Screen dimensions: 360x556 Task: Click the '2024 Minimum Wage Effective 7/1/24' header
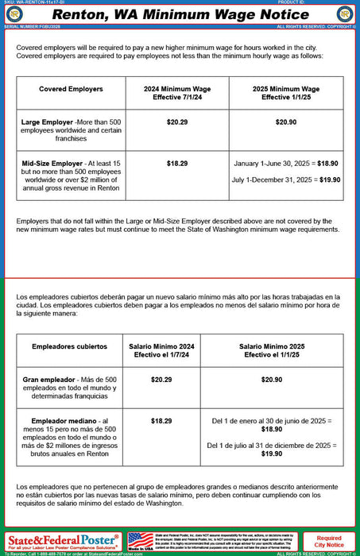tap(176, 93)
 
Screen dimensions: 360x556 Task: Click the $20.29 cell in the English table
tap(176, 122)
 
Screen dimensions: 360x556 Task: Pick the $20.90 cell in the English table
tap(285, 122)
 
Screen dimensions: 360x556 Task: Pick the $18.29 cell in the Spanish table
tap(161, 420)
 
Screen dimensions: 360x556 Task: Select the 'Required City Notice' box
tap(329, 542)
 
